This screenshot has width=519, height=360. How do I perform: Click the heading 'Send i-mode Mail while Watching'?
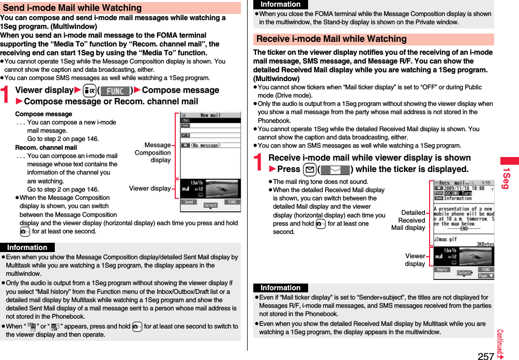coord(72,8)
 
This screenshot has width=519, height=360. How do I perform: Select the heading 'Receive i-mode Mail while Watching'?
coord(332,39)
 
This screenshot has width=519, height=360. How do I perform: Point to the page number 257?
coord(485,355)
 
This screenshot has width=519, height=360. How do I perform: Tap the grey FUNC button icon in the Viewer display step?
coord(115,91)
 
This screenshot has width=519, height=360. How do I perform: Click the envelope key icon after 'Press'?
coord(311,169)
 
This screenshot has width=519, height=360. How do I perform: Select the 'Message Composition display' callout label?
coord(152,152)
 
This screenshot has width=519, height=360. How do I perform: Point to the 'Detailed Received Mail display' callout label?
coord(408,220)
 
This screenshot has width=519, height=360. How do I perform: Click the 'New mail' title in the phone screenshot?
coord(210,116)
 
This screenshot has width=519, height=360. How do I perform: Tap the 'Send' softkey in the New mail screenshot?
coord(189,202)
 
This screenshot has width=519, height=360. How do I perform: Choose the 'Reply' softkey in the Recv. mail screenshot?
coord(442,270)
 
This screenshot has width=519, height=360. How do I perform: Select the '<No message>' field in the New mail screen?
coord(206,145)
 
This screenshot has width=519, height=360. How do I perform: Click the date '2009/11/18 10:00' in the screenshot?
coord(463,189)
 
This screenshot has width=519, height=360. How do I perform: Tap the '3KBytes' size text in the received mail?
coord(481,244)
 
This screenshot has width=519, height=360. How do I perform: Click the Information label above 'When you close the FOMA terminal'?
coord(280,5)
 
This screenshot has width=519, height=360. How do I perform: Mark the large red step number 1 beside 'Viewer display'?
coord(7,95)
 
